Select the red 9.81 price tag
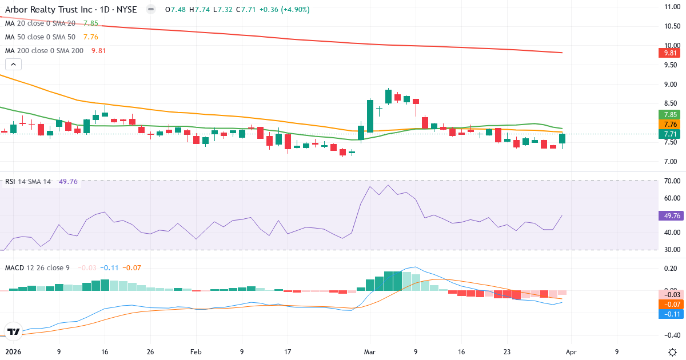[668, 53]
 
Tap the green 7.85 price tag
[668, 114]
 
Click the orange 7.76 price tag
[668, 124]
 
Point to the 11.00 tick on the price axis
[668, 7]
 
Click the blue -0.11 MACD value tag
[668, 314]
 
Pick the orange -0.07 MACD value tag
[668, 305]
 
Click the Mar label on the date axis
[369, 352]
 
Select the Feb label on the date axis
[196, 352]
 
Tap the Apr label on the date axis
[571, 352]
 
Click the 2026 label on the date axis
[13, 352]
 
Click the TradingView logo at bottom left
[13, 331]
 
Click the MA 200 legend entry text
[45, 50]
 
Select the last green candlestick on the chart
[563, 138]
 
